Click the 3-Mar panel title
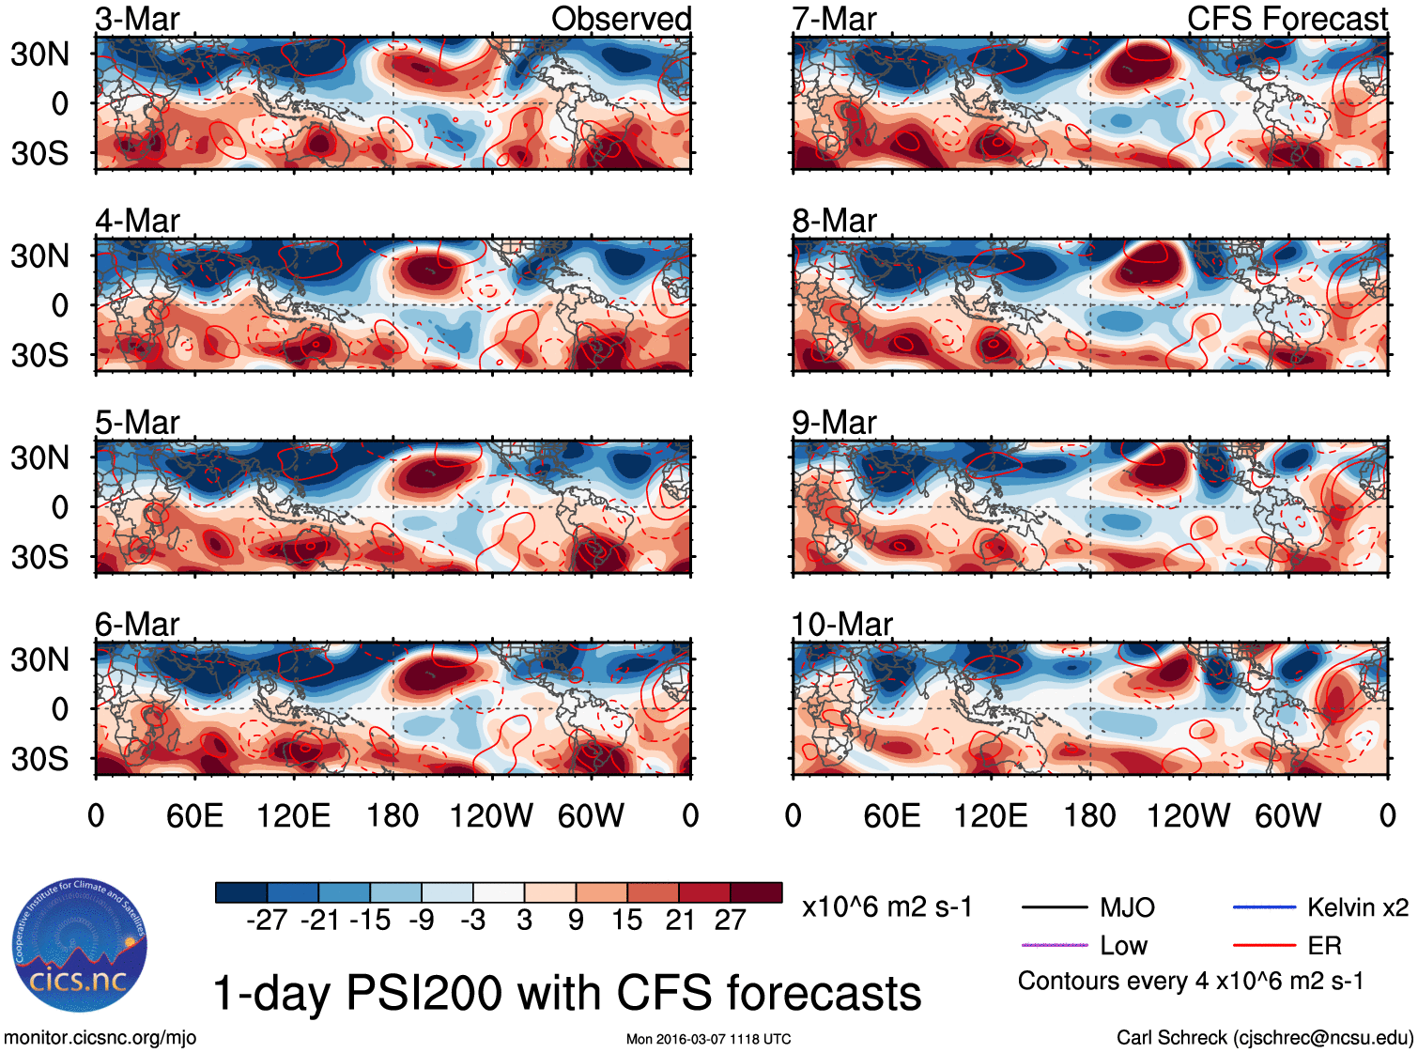[x=137, y=19]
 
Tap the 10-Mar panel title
[x=841, y=624]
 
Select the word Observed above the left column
[x=621, y=19]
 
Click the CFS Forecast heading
[x=1287, y=19]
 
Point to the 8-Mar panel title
[x=834, y=221]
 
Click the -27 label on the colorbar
[x=267, y=921]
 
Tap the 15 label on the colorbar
[x=626, y=921]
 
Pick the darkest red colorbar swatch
[x=756, y=892]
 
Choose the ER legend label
[x=1324, y=945]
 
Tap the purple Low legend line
[x=1055, y=945]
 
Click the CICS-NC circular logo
[x=80, y=946]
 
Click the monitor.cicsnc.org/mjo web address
[x=100, y=1037]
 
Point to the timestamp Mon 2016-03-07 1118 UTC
[x=708, y=1039]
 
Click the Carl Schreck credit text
[x=1264, y=1037]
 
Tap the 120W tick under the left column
[x=491, y=815]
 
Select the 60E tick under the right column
[x=891, y=815]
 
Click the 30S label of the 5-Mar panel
[x=39, y=557]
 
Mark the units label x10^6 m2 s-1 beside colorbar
[x=886, y=907]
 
